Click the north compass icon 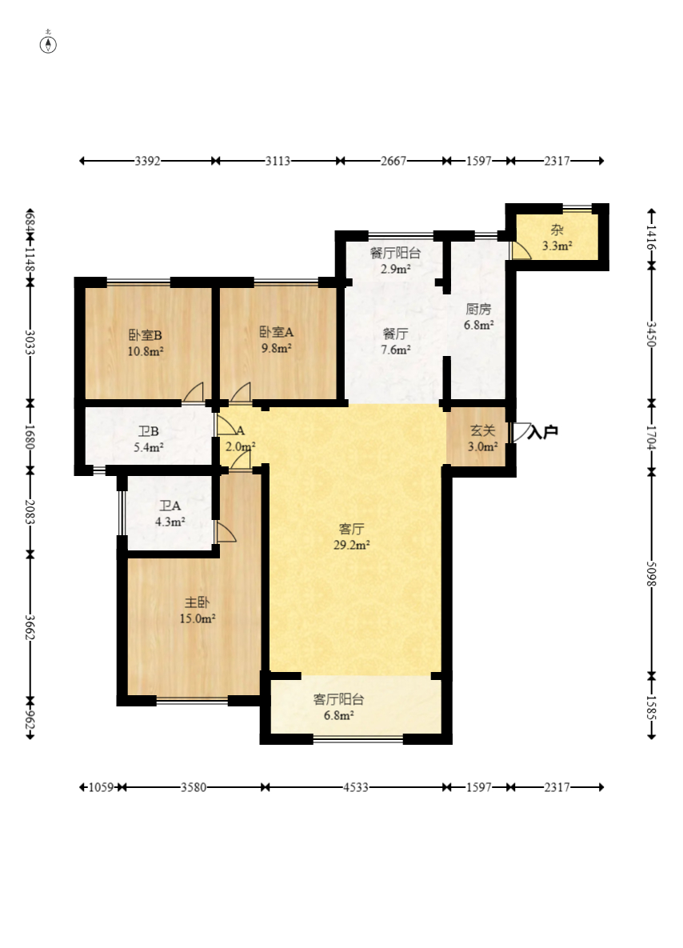[48, 43]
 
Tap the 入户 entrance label [543, 432]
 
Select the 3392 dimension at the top [147, 161]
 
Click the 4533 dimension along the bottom [355, 787]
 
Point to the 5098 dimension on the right [651, 573]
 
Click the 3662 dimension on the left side [30, 627]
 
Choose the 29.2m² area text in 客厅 [351, 546]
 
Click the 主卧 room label [197, 602]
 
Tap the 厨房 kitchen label [478, 310]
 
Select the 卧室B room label [145, 335]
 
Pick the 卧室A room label [276, 332]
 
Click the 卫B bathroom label [149, 432]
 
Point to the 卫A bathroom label [170, 506]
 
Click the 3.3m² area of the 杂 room [557, 246]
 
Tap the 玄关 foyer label [483, 430]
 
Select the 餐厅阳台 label [395, 254]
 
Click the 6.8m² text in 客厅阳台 [338, 716]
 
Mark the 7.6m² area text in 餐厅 [395, 350]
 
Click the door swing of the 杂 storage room [521, 251]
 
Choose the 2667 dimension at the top [393, 161]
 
